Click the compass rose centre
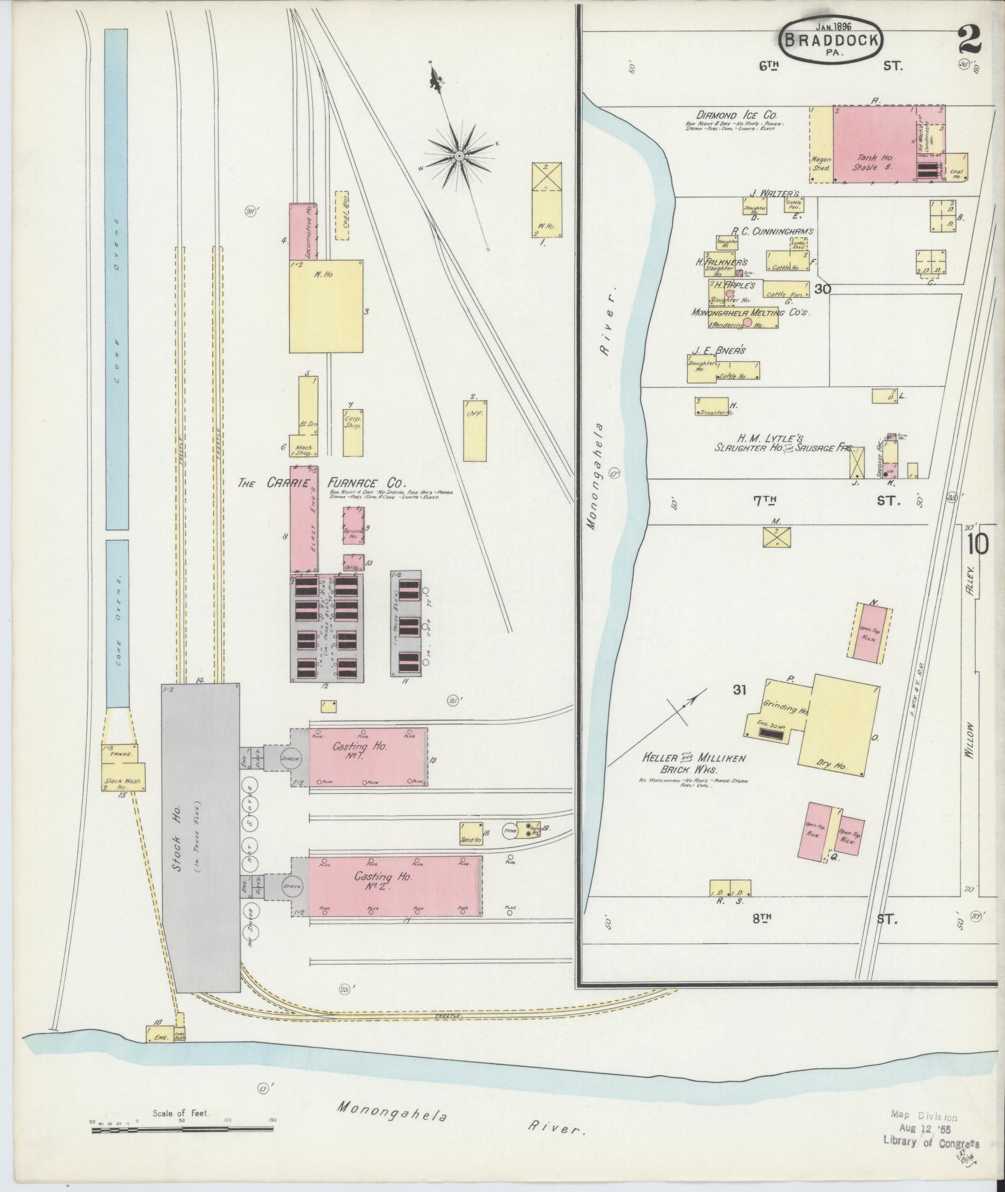tap(459, 155)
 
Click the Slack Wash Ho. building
tap(123, 783)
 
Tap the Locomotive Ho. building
tap(303, 231)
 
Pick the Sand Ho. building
tap(472, 834)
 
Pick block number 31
tap(740, 690)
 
